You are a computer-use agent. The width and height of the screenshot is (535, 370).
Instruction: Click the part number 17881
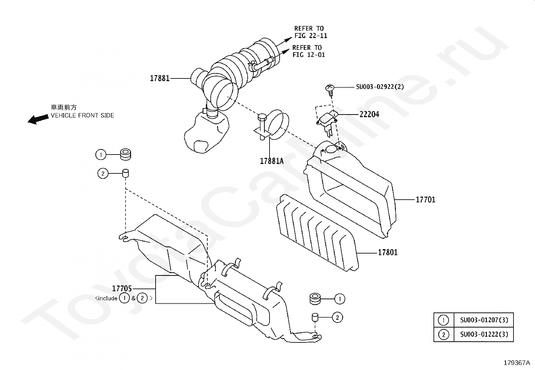click(160, 78)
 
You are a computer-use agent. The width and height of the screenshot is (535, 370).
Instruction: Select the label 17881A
click(272, 161)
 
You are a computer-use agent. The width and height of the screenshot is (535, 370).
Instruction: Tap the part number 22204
click(369, 114)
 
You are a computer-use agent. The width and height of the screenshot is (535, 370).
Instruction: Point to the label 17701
click(425, 200)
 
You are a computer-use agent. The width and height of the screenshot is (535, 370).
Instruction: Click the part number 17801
click(387, 253)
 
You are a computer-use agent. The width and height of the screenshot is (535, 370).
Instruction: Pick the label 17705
click(122, 289)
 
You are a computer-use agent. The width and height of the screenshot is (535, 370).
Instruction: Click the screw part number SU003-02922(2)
click(380, 87)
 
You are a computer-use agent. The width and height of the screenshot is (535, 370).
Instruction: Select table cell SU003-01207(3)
click(484, 320)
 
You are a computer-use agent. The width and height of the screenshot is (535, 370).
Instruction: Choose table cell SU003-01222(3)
click(484, 334)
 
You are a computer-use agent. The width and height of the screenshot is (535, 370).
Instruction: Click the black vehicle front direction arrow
click(38, 119)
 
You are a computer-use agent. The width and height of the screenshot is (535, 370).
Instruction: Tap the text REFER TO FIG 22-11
click(311, 32)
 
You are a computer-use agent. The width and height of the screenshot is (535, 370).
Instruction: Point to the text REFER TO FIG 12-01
click(308, 51)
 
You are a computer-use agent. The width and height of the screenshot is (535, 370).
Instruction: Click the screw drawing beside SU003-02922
click(330, 90)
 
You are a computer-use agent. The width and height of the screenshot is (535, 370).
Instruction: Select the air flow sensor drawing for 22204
click(327, 123)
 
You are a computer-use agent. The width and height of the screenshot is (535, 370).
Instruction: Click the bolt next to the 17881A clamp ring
click(262, 127)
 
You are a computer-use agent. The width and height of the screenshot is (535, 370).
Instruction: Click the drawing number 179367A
click(517, 363)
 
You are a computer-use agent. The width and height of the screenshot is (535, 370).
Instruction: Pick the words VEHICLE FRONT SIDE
click(82, 115)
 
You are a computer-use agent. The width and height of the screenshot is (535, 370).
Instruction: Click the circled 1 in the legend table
click(444, 320)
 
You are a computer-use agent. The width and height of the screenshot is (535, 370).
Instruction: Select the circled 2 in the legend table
click(444, 334)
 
